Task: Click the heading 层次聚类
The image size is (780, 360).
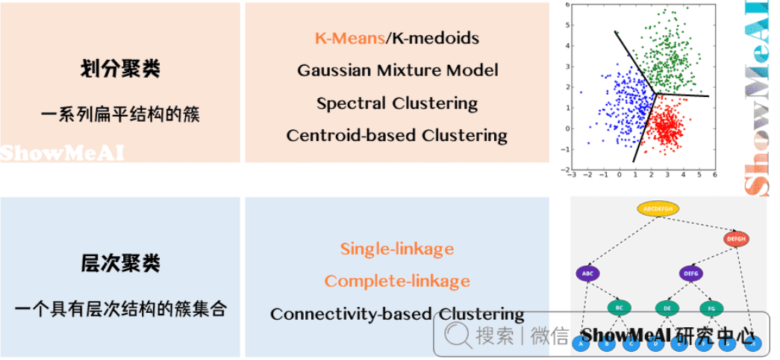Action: (119, 264)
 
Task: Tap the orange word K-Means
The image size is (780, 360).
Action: (348, 37)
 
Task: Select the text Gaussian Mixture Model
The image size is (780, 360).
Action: (397, 70)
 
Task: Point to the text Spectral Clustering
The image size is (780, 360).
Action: (397, 103)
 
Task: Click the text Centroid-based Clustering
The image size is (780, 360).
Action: (397, 136)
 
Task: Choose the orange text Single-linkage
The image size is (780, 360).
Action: (397, 249)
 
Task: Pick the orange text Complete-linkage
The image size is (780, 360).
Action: (397, 281)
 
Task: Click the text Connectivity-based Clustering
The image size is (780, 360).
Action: (397, 314)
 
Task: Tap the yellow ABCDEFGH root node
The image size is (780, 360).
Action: (658, 208)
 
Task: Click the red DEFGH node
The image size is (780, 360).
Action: (735, 239)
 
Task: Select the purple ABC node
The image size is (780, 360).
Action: (588, 273)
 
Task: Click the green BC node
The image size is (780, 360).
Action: (619, 307)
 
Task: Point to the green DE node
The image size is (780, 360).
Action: (667, 307)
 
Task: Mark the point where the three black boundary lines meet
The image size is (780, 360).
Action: (656, 94)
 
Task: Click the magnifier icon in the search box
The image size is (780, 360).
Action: (455, 335)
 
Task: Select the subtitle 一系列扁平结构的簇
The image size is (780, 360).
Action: (119, 116)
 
